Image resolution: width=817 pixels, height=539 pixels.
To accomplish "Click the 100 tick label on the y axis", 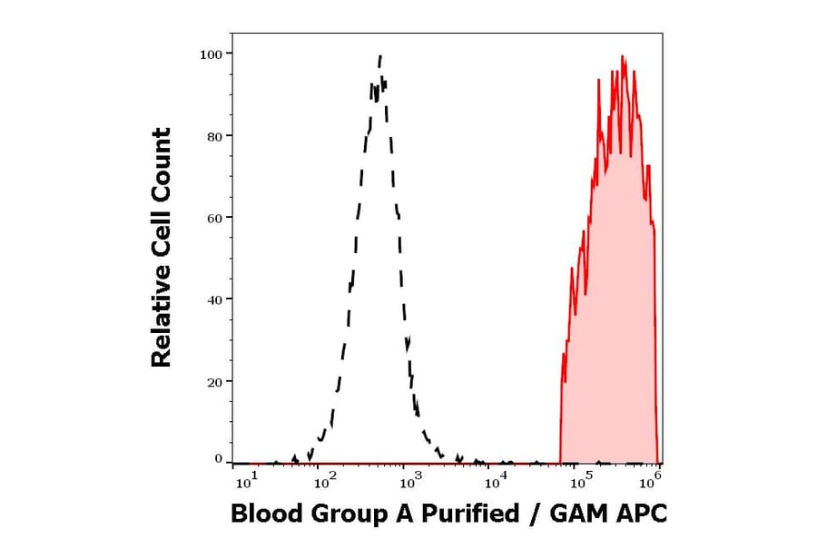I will tap(212, 54).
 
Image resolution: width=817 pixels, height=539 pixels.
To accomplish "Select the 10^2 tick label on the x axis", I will tap(324, 476).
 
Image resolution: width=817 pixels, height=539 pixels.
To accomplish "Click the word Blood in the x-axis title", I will tap(262, 514).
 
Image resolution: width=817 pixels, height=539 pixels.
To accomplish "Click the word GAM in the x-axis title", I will tap(578, 514).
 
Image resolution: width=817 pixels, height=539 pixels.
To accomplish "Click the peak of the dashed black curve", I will tap(380, 56).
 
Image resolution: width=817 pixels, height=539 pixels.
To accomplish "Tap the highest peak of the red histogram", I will tap(623, 56).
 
